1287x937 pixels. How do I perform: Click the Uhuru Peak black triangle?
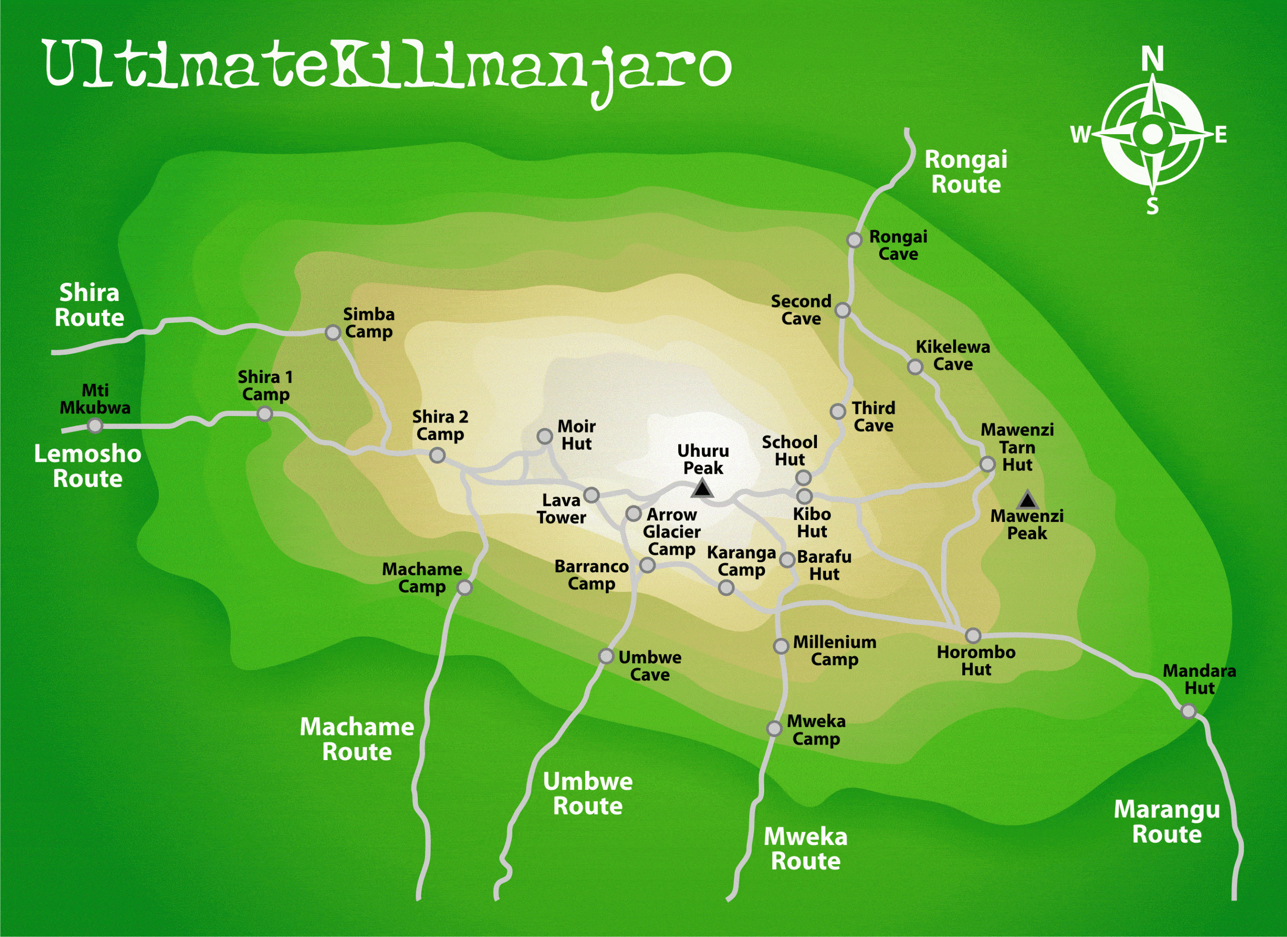[702, 488]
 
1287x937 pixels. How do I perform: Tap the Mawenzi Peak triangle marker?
[1027, 500]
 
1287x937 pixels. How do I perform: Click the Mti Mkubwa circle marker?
[96, 426]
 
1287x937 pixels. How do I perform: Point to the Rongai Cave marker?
[854, 240]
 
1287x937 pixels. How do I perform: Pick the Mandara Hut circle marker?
[1188, 711]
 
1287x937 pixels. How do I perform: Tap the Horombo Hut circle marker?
[973, 635]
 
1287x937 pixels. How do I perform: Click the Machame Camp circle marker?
[465, 588]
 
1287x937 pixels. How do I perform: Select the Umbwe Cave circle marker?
[606, 656]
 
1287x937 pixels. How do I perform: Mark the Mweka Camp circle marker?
[774, 728]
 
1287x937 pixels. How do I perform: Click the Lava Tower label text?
[561, 509]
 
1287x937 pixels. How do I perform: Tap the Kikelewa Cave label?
[953, 356]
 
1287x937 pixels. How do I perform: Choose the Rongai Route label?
[966, 172]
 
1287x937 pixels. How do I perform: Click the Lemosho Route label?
[87, 466]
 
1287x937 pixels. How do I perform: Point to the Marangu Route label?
[1167, 822]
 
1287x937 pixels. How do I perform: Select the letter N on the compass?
[1152, 59]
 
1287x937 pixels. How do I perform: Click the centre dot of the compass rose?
[1152, 135]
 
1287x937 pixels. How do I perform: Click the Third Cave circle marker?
[838, 411]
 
